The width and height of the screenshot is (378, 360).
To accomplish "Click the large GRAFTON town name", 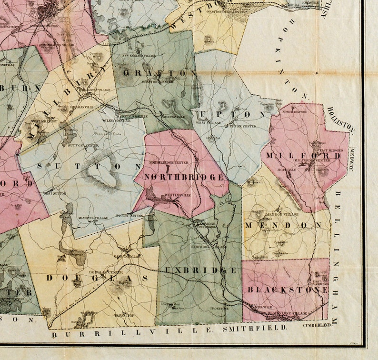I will click(x=159, y=73).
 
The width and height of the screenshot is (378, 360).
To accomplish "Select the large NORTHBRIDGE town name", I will click(x=183, y=177).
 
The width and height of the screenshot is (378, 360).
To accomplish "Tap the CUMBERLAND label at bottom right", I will click(x=317, y=326).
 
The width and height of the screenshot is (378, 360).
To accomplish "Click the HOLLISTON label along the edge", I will click(x=340, y=120).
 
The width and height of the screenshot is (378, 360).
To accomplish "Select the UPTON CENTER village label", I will click(x=239, y=126).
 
